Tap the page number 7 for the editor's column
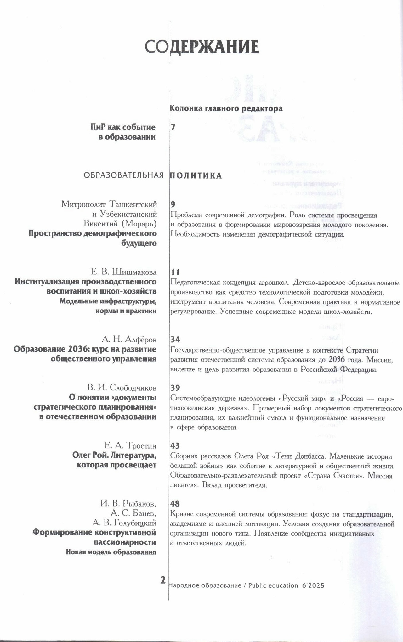pyautogui.click(x=173, y=128)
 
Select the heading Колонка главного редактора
pyautogui.click(x=226, y=109)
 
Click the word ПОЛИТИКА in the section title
pyautogui.click(x=196, y=176)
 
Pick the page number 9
pyautogui.click(x=173, y=204)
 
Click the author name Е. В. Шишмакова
pyautogui.click(x=123, y=272)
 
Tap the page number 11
pyautogui.click(x=175, y=272)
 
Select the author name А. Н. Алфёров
pyautogui.click(x=129, y=340)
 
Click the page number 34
pyautogui.click(x=175, y=340)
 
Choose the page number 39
pyautogui.click(x=175, y=388)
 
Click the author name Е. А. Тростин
pyautogui.click(x=130, y=446)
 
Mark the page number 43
pyautogui.click(x=175, y=446)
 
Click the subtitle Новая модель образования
pyautogui.click(x=111, y=552)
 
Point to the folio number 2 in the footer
pyautogui.click(x=163, y=580)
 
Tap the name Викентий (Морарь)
pyautogui.click(x=120, y=224)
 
